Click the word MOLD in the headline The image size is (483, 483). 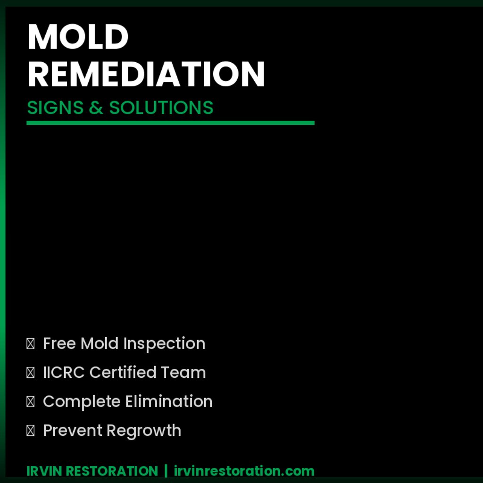tap(78, 37)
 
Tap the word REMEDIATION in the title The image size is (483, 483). tap(146, 74)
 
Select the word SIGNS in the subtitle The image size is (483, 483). tap(55, 108)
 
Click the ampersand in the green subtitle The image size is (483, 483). tap(95, 108)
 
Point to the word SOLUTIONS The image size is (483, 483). tap(161, 108)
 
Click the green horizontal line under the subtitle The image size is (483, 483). tap(170, 123)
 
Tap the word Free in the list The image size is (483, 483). tap(59, 343)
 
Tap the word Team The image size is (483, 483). tap(183, 373)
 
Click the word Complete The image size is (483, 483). tap(82, 402)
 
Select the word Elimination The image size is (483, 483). tap(169, 402)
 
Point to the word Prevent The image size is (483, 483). tap(73, 431)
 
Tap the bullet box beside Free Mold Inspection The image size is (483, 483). tap(30, 344)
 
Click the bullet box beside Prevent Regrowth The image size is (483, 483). tap(30, 431)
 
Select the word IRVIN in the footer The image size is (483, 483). tap(44, 471)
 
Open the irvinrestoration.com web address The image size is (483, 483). tap(244, 471)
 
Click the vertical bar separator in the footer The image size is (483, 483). tap(166, 471)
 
